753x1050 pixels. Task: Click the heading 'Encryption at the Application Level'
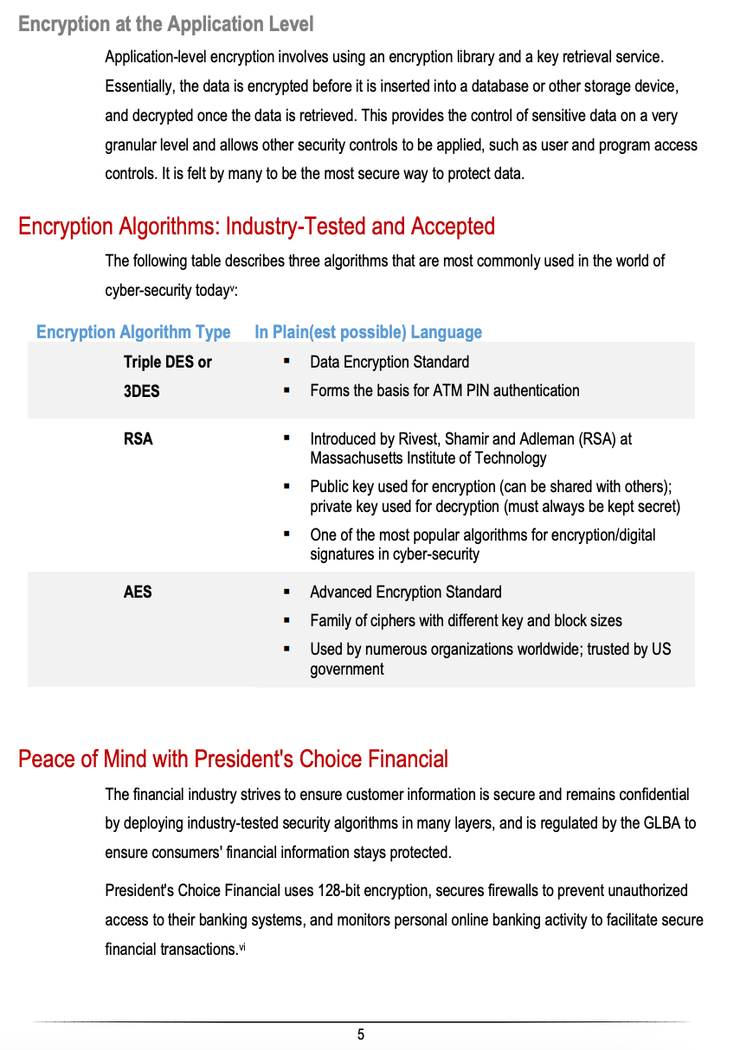click(x=165, y=24)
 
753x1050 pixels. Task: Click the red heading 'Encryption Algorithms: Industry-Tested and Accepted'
click(x=256, y=227)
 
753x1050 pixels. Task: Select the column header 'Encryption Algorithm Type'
click(x=133, y=332)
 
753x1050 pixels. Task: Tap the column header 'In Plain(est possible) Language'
click(x=368, y=332)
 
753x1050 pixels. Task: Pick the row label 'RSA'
click(x=138, y=439)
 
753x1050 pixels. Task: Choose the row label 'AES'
click(x=138, y=592)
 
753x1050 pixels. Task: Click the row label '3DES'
click(x=141, y=391)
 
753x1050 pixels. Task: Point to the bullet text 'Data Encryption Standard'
click(x=389, y=362)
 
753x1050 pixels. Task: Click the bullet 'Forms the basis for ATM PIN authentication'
click(x=445, y=391)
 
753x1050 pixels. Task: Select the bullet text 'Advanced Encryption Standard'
click(x=405, y=592)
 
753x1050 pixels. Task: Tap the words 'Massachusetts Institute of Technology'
click(x=428, y=458)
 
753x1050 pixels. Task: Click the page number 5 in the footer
click(x=361, y=1034)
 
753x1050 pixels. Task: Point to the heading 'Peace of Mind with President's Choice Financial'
click(x=234, y=759)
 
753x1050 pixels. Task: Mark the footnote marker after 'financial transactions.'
click(x=243, y=947)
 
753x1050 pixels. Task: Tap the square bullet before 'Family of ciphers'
click(x=286, y=621)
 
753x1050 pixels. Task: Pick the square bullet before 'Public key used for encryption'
click(x=286, y=487)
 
